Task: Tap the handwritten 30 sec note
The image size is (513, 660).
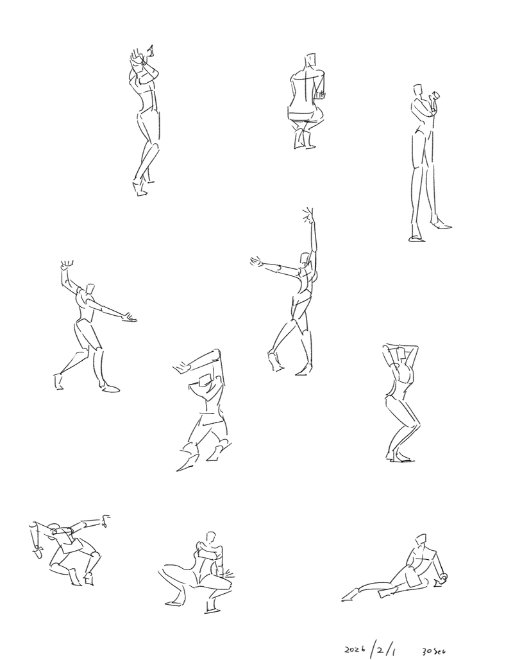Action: pos(433,651)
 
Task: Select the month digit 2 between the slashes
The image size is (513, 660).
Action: pos(380,650)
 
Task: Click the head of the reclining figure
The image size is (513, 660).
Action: pos(421,540)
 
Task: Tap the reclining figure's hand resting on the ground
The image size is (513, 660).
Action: pos(441,579)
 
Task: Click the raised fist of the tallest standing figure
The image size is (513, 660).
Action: pos(434,97)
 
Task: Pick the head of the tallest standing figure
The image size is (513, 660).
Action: pos(417,91)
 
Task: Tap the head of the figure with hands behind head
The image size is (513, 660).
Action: pos(403,354)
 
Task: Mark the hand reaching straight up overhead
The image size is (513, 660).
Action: pos(308,216)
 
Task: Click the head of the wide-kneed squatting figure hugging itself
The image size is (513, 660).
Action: pos(211,538)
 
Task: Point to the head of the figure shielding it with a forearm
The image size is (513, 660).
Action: pos(205,381)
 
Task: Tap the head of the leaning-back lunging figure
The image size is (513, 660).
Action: pos(89,289)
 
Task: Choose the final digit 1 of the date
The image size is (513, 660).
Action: pos(392,651)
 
